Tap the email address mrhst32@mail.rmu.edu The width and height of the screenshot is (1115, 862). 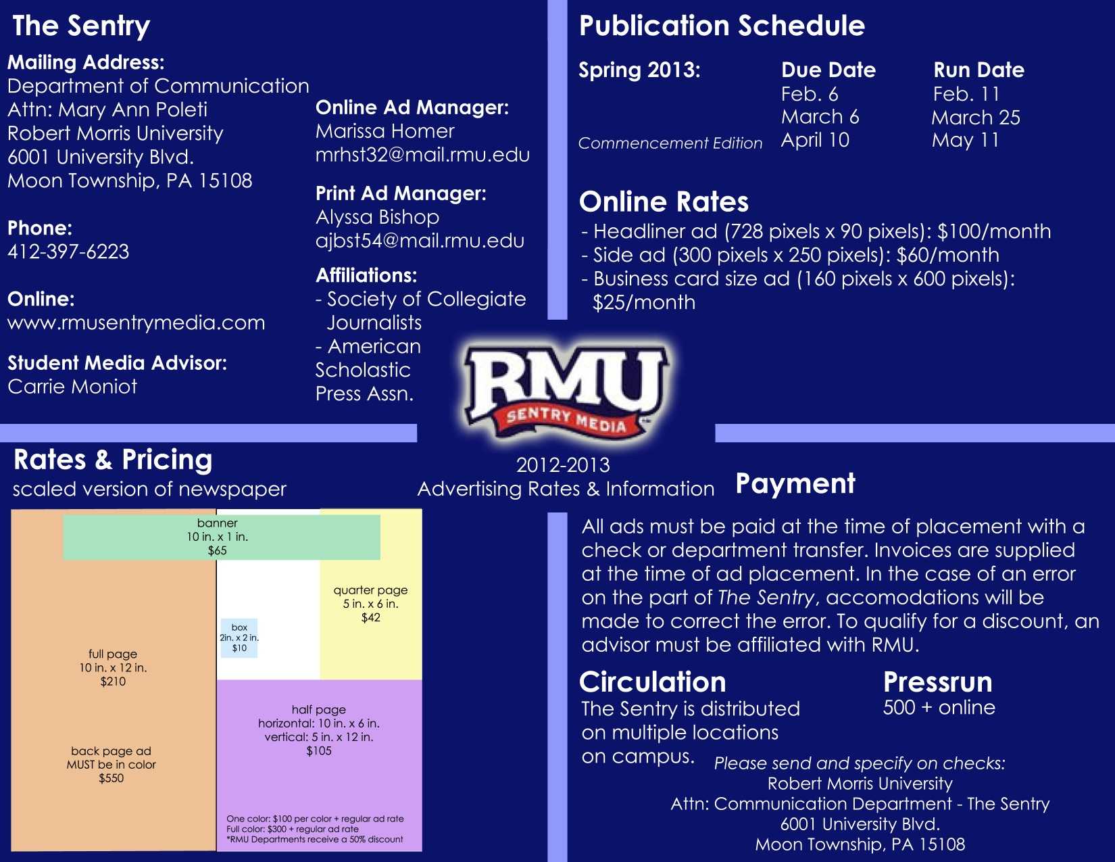(422, 155)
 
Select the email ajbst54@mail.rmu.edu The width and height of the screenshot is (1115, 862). (420, 241)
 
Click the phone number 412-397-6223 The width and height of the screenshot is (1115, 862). (68, 252)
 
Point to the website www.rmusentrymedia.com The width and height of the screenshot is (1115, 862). (136, 323)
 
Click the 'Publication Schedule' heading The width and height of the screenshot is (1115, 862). (722, 26)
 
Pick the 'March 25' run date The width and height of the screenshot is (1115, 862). (976, 118)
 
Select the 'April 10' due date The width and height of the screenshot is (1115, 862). (815, 140)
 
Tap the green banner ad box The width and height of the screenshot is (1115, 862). (222, 537)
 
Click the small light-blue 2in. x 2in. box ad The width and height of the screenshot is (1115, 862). (239, 638)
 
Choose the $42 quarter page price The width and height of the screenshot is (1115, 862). (370, 618)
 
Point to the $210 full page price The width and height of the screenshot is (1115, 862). (113, 681)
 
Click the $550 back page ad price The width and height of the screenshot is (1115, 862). (111, 778)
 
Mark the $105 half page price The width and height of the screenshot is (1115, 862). (319, 751)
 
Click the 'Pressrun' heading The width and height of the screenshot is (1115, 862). (937, 682)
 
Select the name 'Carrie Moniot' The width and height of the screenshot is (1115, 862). (72, 387)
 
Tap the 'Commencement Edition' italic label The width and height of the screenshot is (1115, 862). (670, 143)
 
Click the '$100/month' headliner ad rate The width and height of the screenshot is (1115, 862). (994, 231)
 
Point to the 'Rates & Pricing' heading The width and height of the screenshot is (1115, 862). (113, 460)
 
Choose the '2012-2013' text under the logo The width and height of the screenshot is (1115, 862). (563, 465)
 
